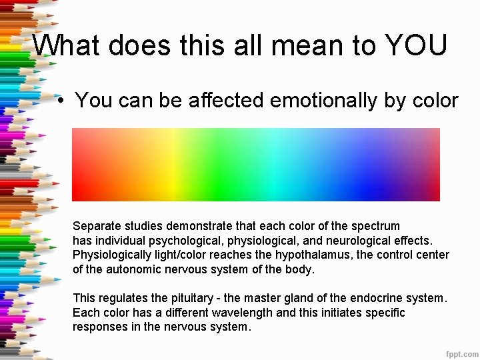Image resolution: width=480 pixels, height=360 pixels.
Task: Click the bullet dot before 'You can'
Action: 60,101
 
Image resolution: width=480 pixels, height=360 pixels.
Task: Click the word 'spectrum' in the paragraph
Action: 376,226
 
